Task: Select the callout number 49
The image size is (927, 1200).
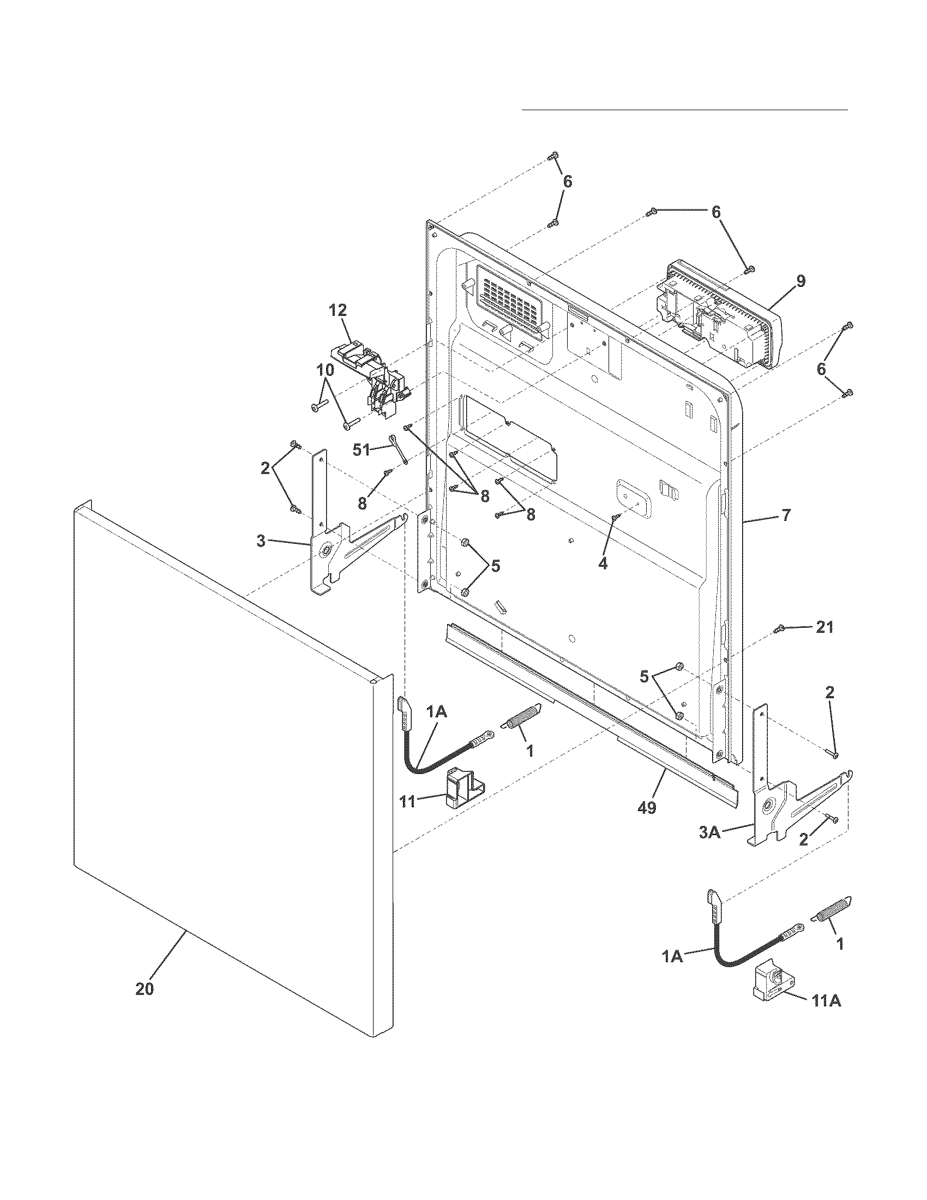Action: pyautogui.click(x=647, y=808)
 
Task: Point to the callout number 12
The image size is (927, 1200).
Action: pyautogui.click(x=338, y=310)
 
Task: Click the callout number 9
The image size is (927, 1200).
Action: pyautogui.click(x=801, y=281)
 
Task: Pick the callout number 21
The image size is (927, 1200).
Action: pyautogui.click(x=824, y=627)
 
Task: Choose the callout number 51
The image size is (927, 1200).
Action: pyautogui.click(x=362, y=451)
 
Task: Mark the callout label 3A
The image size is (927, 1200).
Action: pyautogui.click(x=709, y=833)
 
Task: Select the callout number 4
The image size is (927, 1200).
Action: pyautogui.click(x=603, y=564)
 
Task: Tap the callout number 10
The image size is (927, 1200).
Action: pyautogui.click(x=324, y=370)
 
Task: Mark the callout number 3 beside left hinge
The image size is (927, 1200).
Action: pyautogui.click(x=261, y=541)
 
